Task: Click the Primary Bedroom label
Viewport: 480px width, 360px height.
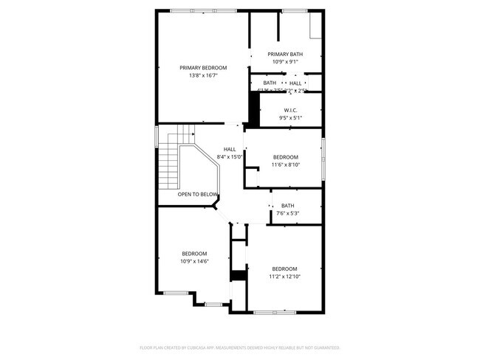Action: coord(203,68)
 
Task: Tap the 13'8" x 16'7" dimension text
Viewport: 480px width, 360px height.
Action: coord(203,75)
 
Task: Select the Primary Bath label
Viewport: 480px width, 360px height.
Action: coord(285,54)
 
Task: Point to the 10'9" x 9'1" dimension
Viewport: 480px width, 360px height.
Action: coord(285,61)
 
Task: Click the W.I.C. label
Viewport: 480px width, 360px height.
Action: coord(290,110)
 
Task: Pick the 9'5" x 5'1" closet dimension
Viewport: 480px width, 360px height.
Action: coord(290,118)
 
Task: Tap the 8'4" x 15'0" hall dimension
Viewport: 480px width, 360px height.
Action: coord(230,157)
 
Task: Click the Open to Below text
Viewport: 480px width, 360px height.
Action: coord(198,195)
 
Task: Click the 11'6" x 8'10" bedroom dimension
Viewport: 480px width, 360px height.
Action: coord(285,165)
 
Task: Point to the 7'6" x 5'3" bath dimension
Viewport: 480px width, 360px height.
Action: coord(287,214)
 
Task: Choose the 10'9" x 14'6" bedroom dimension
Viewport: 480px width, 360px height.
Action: coord(195,261)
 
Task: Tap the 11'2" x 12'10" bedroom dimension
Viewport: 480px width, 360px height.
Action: coord(284,276)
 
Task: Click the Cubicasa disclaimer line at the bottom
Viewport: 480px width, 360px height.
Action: coord(240,347)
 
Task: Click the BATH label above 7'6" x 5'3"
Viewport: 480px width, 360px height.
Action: coord(287,206)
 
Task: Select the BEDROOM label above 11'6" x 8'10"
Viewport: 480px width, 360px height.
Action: coord(285,157)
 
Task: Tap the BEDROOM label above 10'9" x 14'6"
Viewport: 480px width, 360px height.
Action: coord(195,253)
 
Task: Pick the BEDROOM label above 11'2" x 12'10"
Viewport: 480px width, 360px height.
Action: coord(284,268)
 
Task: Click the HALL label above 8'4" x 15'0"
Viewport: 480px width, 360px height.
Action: coord(230,149)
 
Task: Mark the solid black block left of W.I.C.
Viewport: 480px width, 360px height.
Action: coord(253,112)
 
